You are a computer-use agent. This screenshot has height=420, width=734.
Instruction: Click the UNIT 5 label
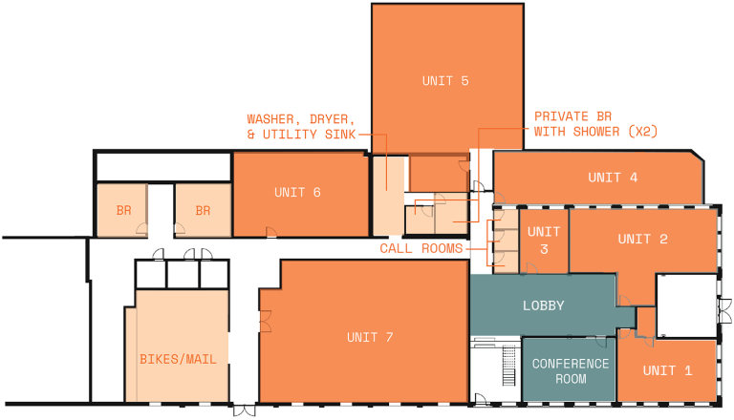click(445, 81)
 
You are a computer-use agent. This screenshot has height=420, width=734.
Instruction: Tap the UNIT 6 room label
click(297, 192)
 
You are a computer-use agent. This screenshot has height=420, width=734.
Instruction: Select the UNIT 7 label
click(370, 337)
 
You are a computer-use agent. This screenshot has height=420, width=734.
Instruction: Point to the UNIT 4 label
click(613, 178)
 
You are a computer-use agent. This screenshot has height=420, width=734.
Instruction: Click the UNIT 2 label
click(642, 239)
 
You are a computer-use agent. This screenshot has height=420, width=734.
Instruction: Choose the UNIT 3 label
click(544, 241)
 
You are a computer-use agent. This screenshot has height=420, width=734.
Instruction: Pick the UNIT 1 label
click(667, 370)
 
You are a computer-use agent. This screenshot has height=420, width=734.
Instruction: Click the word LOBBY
click(544, 306)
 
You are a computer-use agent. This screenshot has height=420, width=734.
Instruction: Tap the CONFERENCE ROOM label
click(571, 371)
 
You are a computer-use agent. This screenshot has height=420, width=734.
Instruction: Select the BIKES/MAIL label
click(178, 360)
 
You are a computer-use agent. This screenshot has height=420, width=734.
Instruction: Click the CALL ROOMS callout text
click(421, 248)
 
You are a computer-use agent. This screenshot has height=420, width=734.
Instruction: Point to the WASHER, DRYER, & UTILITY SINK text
click(301, 128)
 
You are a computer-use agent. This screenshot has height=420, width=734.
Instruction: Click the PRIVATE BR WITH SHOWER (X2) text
click(595, 122)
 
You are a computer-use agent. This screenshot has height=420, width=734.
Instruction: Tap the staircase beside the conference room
click(508, 364)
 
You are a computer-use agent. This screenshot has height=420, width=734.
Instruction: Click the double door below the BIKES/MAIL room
click(245, 410)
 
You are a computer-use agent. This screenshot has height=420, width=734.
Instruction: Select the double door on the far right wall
click(725, 310)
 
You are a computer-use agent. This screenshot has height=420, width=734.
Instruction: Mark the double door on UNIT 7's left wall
click(267, 322)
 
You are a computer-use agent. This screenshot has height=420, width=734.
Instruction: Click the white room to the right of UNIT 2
click(686, 305)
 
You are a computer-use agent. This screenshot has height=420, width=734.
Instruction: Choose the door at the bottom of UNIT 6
click(271, 232)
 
